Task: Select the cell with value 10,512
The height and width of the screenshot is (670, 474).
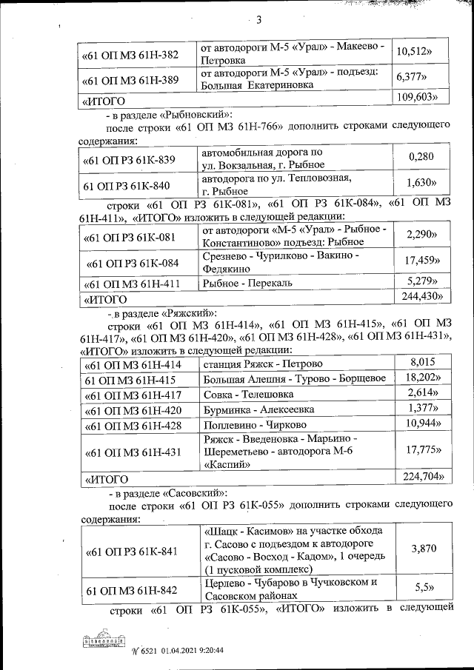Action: pyautogui.click(x=414, y=53)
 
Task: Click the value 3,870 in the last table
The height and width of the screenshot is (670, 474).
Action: pyautogui.click(x=422, y=550)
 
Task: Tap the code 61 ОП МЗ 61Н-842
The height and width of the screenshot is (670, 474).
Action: pyautogui.click(x=132, y=590)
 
